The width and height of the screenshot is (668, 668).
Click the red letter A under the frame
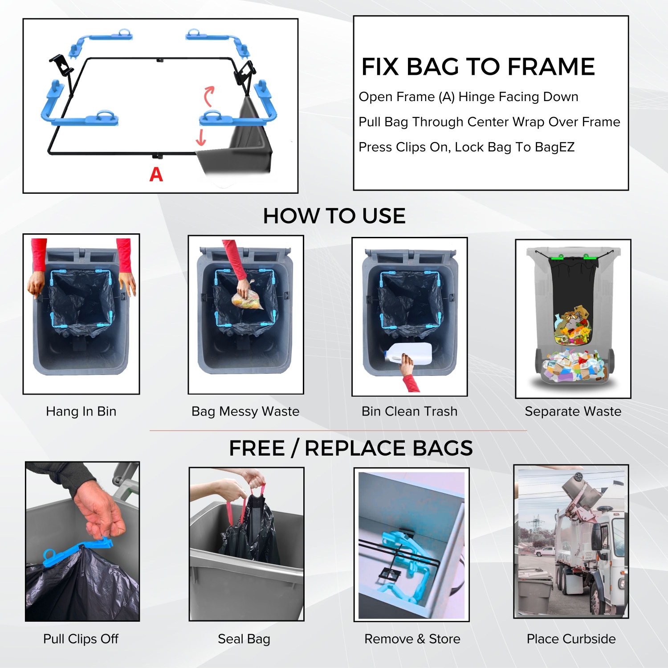point(156,175)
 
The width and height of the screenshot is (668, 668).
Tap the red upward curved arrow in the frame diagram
point(208,95)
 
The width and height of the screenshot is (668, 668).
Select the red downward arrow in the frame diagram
point(201,138)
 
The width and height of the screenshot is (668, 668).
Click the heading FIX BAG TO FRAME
point(478,67)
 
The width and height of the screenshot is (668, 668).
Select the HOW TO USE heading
point(334,216)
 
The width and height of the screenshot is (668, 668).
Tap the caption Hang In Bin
point(81,411)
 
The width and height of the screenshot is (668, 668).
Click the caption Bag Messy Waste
point(245,411)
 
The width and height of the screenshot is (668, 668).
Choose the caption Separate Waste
point(573,411)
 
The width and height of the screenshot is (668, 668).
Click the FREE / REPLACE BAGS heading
point(350,448)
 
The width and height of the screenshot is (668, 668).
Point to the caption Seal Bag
point(244,639)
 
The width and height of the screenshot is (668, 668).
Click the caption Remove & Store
point(412,639)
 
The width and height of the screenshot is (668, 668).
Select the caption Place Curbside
point(571,639)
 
